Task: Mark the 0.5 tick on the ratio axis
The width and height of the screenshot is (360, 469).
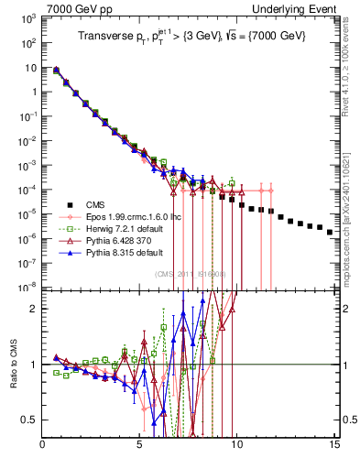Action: click(29, 420)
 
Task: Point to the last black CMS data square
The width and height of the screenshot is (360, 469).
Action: click(329, 233)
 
